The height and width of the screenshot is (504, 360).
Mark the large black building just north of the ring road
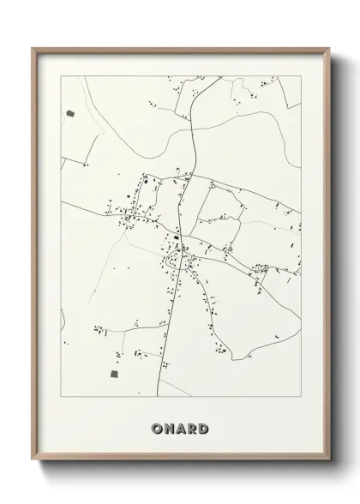[176, 238]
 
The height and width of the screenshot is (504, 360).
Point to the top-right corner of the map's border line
[301, 76]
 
